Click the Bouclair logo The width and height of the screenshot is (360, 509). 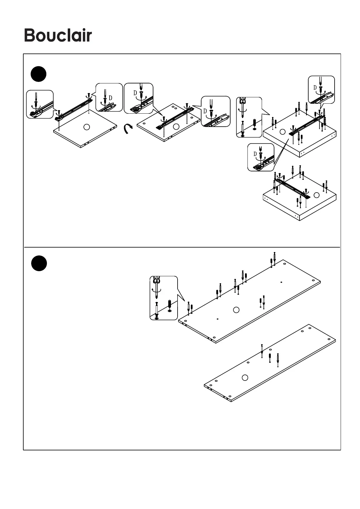(x=58, y=36)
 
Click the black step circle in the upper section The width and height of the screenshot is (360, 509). (x=39, y=74)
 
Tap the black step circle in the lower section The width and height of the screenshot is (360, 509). (x=39, y=263)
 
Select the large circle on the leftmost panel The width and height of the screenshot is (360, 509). (x=87, y=127)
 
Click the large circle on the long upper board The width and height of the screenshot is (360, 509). (x=236, y=310)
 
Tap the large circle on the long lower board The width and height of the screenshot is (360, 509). (x=245, y=377)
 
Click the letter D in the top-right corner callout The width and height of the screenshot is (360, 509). (x=315, y=88)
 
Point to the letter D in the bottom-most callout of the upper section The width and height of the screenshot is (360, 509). (x=255, y=154)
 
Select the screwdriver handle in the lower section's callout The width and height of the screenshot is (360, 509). (x=156, y=280)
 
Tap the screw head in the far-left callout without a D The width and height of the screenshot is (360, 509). (x=36, y=103)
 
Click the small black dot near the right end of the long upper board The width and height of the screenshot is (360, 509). (x=281, y=282)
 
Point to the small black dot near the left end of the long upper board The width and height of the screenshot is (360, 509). (x=218, y=319)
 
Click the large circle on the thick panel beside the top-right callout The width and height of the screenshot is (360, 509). (x=283, y=132)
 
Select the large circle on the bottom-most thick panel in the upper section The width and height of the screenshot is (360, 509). (x=316, y=195)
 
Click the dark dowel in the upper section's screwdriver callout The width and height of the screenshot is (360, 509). (x=254, y=123)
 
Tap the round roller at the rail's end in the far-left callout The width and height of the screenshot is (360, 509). (x=32, y=114)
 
